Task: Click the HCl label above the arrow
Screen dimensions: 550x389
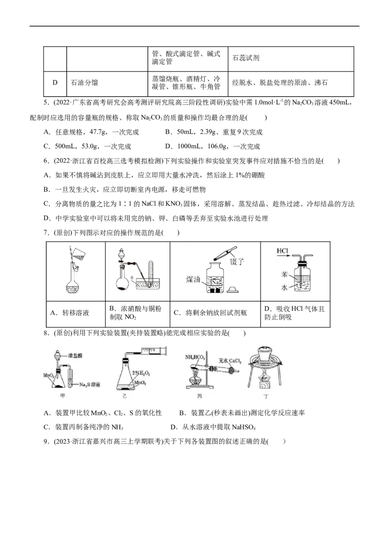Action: coord(283,251)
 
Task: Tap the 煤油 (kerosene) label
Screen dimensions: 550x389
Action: coord(194,279)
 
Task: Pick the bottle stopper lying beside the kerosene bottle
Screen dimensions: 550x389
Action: coord(233,289)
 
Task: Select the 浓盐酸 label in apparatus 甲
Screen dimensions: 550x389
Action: coord(75,356)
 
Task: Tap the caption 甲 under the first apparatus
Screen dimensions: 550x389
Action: coord(62,396)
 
